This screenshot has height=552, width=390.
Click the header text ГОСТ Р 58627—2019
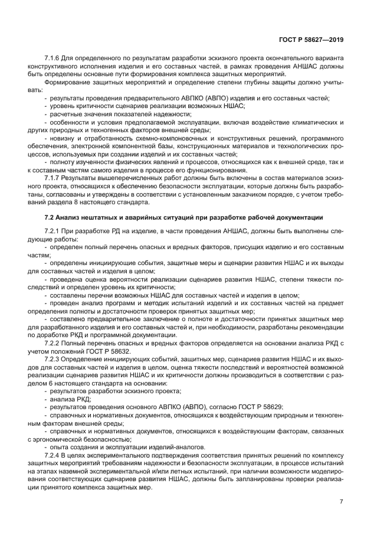pyautogui.click(x=311, y=40)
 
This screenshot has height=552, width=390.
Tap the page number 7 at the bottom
pyautogui.click(x=341, y=501)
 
